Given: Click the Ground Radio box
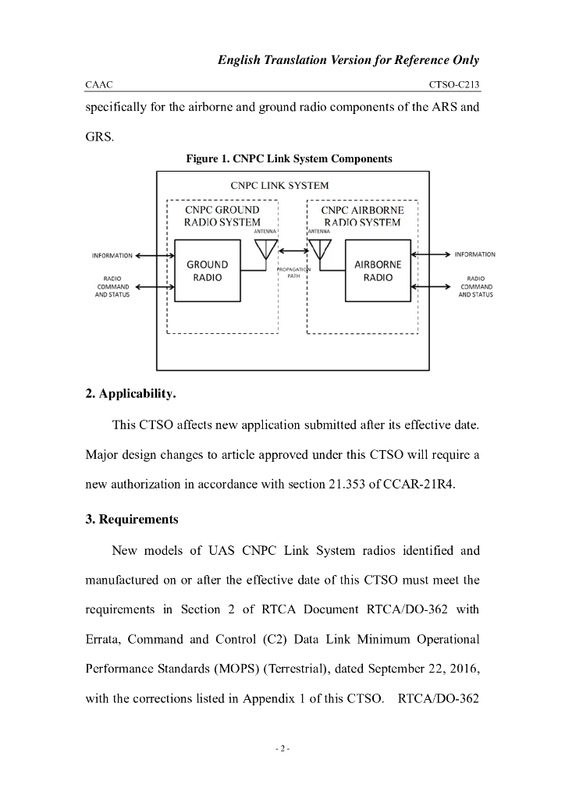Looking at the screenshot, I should click(x=207, y=271).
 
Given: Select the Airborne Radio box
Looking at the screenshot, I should click(x=378, y=271).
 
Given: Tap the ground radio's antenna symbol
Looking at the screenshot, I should click(x=265, y=248).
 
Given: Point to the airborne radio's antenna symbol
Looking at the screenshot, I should click(x=320, y=248).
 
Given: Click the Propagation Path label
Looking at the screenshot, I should click(x=293, y=272).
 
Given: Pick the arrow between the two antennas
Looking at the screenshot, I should click(x=293, y=250).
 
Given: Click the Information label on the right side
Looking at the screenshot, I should click(x=474, y=255).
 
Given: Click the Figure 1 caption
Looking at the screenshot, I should click(x=288, y=158).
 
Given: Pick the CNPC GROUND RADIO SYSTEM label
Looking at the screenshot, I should click(x=222, y=216).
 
